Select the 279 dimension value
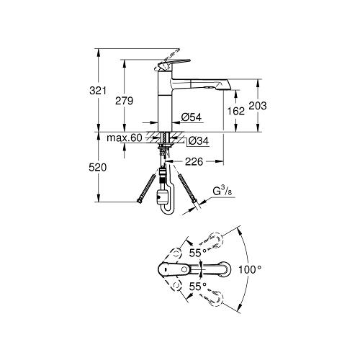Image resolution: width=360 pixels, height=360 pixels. click(125, 101)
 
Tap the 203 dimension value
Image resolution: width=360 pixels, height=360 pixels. click(258, 105)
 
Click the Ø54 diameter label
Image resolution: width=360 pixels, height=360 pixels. click(190, 117)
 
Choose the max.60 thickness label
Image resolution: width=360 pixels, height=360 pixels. click(125, 138)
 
